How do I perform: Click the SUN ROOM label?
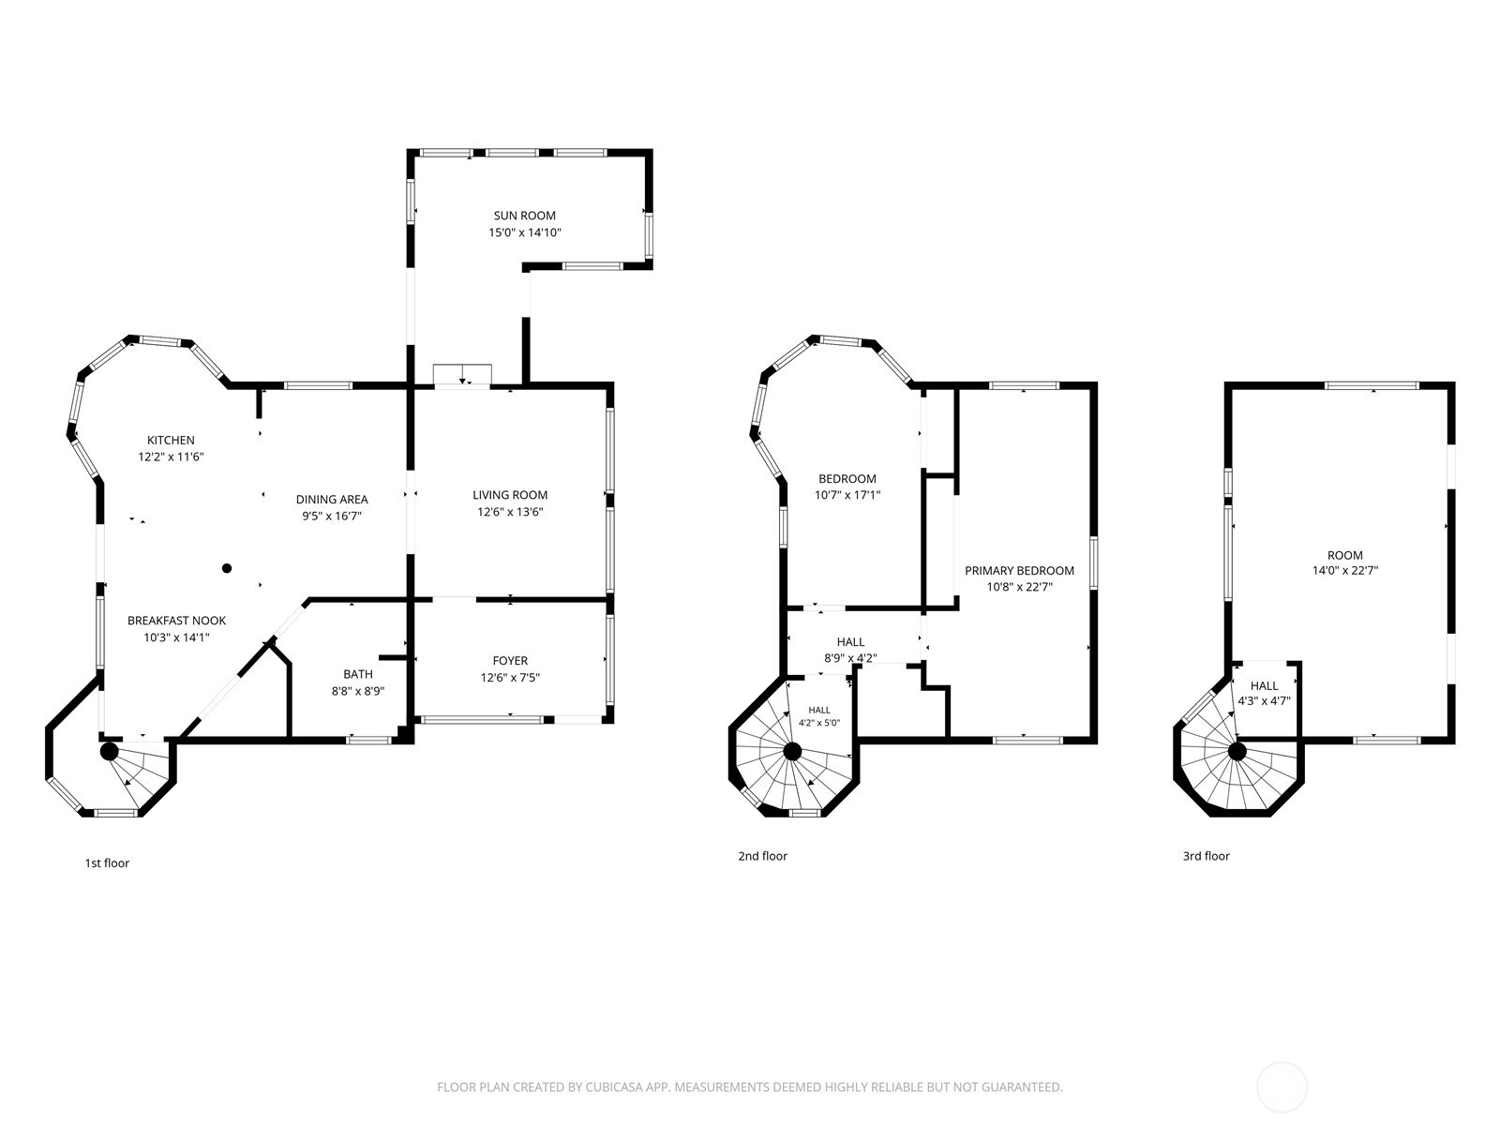(524, 216)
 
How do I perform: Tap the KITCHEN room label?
(171, 441)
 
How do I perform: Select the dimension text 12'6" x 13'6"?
(510, 512)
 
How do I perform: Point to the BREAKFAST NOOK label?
(176, 621)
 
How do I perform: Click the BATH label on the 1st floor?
(358, 674)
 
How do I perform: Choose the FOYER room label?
(510, 661)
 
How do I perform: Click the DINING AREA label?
(332, 500)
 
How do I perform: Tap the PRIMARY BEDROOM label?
(1019, 570)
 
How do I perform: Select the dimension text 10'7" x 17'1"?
(847, 495)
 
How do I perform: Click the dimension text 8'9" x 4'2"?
(850, 658)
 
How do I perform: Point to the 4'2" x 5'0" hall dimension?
(818, 723)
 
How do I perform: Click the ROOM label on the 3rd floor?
(1345, 555)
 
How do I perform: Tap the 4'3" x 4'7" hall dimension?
(1265, 700)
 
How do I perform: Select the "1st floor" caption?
(107, 863)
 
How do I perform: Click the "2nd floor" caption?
(762, 856)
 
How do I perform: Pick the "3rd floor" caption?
(1207, 856)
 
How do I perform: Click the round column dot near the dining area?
(227, 568)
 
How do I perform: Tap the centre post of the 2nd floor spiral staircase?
(792, 751)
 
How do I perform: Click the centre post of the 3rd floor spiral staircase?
(1237, 752)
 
